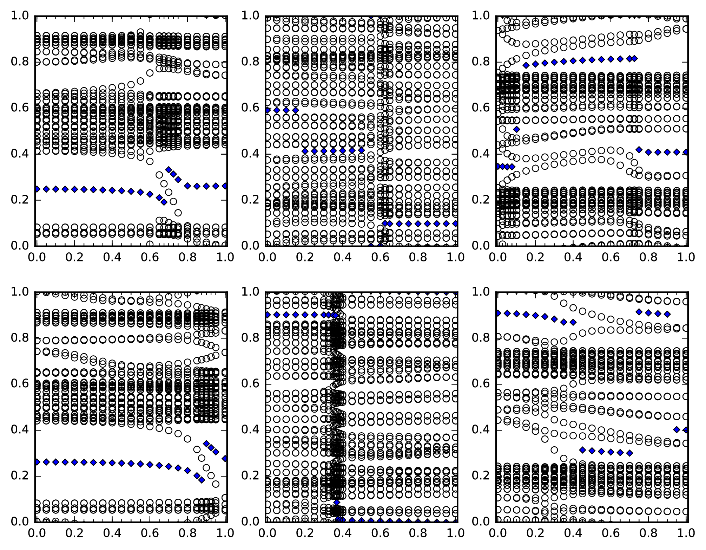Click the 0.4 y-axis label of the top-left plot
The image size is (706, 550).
[19, 154]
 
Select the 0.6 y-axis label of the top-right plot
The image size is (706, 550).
[480, 108]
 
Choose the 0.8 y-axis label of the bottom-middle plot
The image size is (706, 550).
[250, 338]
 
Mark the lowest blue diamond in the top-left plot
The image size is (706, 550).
[164, 202]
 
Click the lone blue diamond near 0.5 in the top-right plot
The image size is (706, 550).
[516, 129]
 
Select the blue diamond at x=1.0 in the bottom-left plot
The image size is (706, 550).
[225, 459]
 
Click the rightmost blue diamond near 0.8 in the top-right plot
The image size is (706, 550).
[634, 58]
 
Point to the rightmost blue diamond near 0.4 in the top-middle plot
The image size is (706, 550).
[362, 150]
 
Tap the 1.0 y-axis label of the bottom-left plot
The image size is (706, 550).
[19, 292]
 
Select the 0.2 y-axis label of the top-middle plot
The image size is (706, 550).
[250, 200]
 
